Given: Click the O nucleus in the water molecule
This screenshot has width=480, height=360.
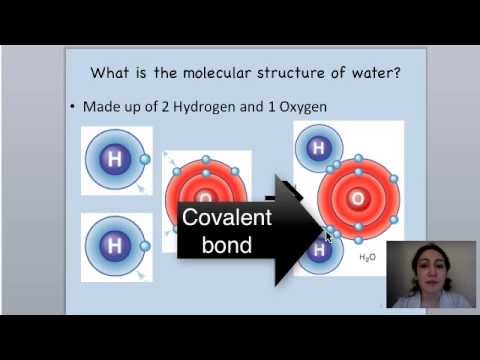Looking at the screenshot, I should point(356,199).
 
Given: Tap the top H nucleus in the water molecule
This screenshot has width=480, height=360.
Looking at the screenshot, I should point(319,149).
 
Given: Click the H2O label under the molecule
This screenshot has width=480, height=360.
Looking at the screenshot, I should point(366,257).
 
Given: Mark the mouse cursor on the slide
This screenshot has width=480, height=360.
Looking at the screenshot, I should point(328,238).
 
